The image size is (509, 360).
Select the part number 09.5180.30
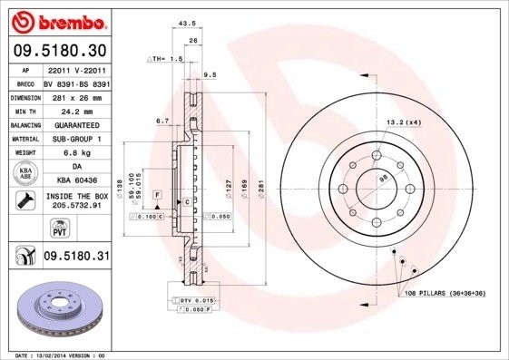(x=59, y=51)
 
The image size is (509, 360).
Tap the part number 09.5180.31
(x=76, y=258)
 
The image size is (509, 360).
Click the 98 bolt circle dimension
(x=383, y=181)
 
